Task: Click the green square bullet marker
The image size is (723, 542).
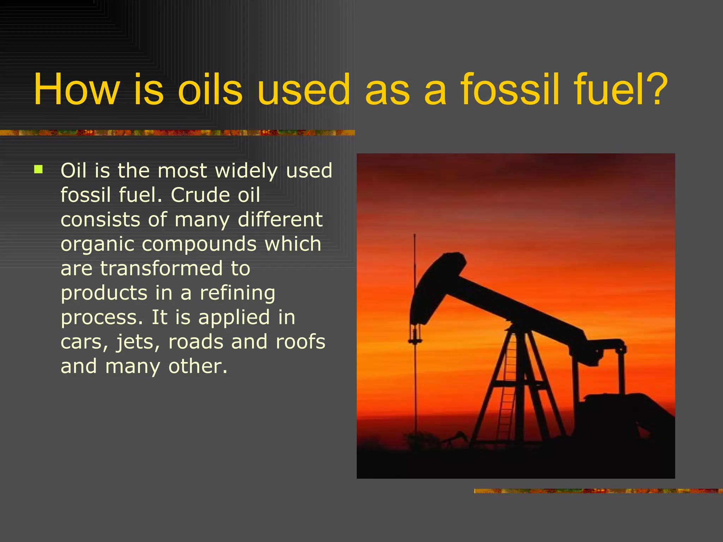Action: (38, 170)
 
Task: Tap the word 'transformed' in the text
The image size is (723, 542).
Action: (161, 269)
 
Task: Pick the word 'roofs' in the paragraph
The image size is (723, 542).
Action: (300, 342)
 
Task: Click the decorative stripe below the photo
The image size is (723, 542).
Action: (598, 491)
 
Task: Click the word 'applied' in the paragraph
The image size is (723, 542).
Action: (234, 318)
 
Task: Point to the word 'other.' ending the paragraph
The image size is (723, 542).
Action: (198, 366)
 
